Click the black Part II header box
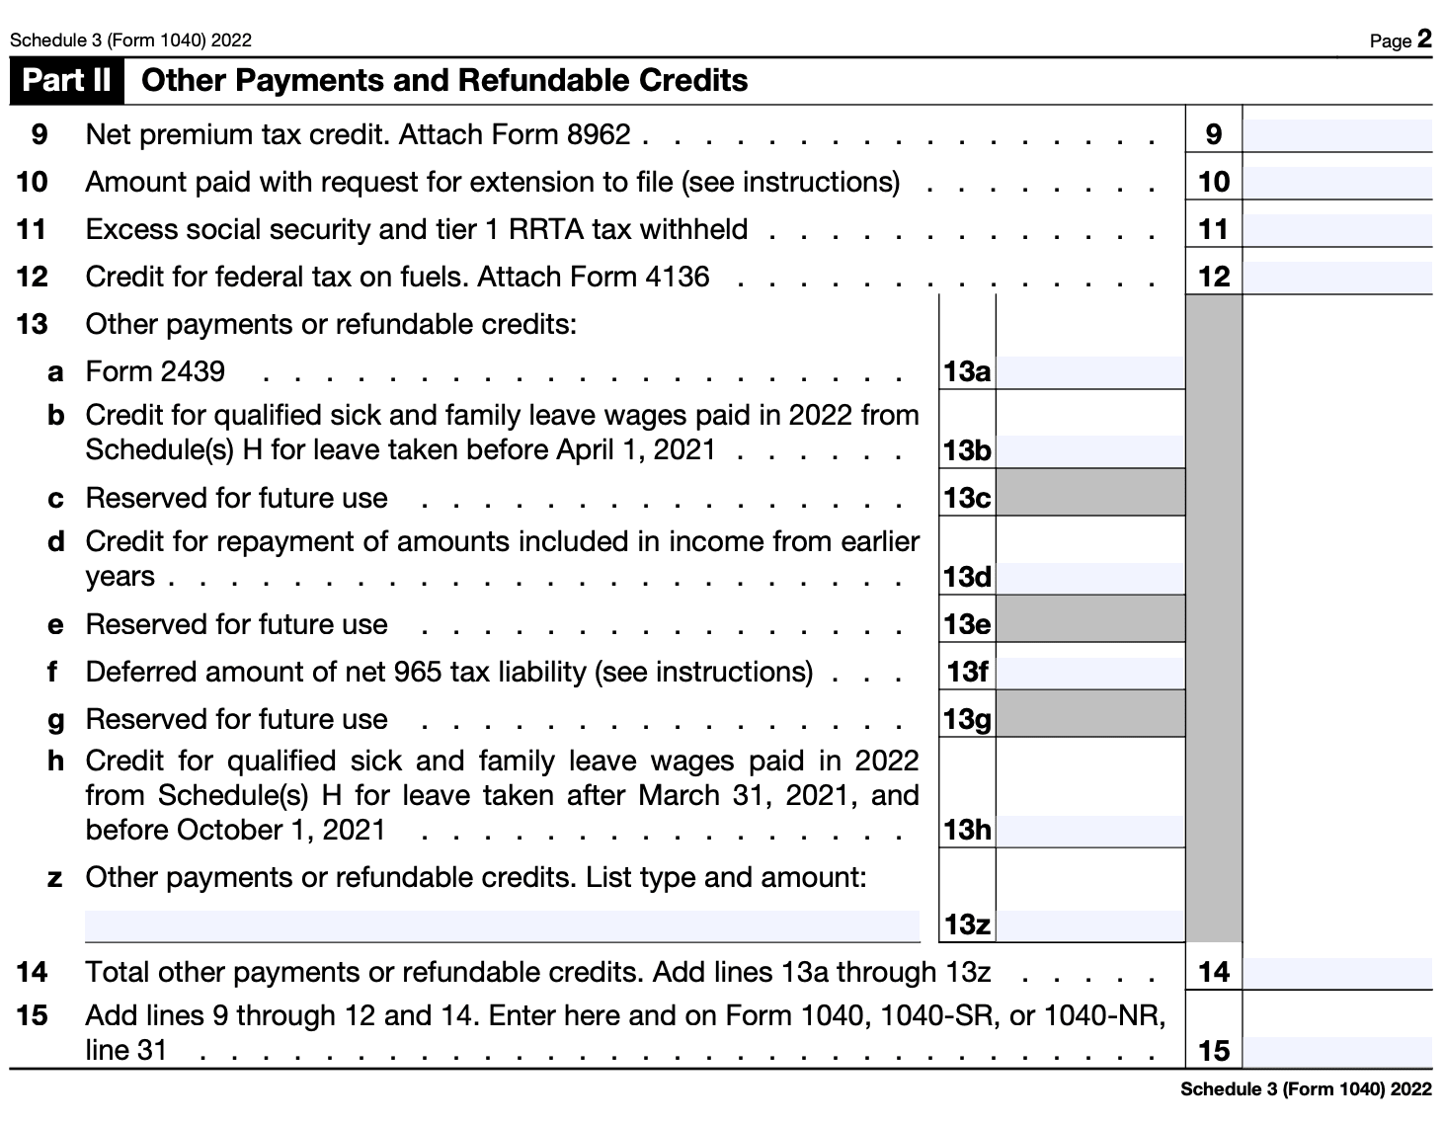[67, 81]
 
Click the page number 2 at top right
[1423, 39]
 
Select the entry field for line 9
[1336, 134]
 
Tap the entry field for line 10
[1336, 182]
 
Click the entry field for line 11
[1336, 229]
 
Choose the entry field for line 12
[1336, 277]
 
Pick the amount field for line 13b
[1090, 450]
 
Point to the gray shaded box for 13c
[1090, 492]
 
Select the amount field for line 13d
[1090, 577]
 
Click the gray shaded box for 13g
[1090, 713]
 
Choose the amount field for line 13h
[1090, 830]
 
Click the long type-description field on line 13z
[502, 925]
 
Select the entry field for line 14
[1336, 972]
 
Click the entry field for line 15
[1336, 1051]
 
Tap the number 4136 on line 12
[677, 277]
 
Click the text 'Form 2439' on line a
[155, 371]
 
